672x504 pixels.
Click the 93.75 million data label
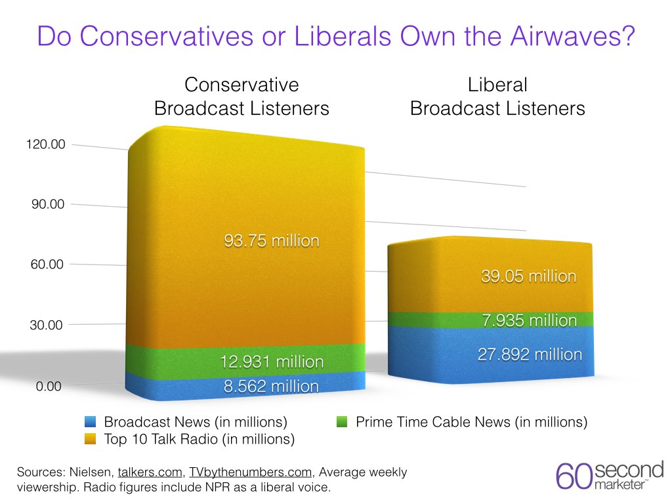(x=272, y=241)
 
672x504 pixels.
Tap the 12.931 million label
(x=272, y=362)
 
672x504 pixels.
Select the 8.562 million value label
(x=272, y=386)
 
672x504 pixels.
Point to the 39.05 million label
(x=528, y=276)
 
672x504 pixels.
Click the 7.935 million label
(x=528, y=320)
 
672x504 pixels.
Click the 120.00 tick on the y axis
(x=45, y=144)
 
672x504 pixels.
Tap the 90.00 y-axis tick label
(x=48, y=204)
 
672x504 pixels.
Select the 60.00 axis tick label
(x=48, y=264)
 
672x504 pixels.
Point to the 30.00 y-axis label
(x=48, y=325)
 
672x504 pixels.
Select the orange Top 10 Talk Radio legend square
(x=91, y=439)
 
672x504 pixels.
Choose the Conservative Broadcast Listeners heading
(x=241, y=96)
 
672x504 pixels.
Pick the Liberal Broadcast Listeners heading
(x=497, y=96)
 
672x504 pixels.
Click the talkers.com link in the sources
(x=148, y=472)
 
